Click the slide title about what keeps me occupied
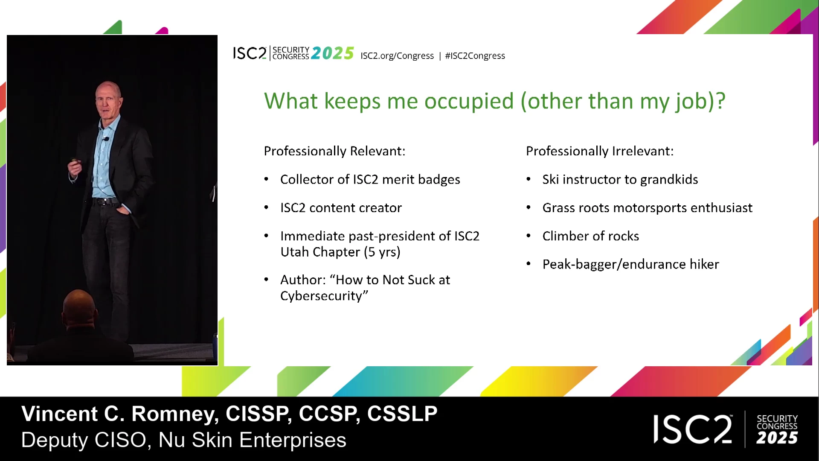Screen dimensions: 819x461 [x=495, y=102]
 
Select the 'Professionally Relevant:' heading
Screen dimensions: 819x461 [x=334, y=151]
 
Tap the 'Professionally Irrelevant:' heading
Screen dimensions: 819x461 [x=600, y=151]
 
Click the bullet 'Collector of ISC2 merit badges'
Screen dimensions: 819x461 [x=370, y=180]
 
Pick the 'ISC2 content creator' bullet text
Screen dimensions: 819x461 [x=341, y=208]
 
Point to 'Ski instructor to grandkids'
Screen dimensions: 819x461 [x=620, y=180]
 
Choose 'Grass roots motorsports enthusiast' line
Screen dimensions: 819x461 [x=648, y=208]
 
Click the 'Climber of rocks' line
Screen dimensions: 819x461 [x=591, y=236]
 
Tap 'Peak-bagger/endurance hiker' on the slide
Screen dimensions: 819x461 [x=631, y=265]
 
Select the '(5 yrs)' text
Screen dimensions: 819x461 [x=382, y=252]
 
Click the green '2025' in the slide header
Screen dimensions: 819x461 [x=333, y=53]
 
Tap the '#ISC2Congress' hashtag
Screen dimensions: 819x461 [x=475, y=56]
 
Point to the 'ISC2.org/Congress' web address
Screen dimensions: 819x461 [x=397, y=56]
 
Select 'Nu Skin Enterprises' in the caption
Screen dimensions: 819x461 [x=252, y=440]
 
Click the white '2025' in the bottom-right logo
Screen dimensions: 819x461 [x=777, y=438]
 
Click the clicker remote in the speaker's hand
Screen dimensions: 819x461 [x=76, y=161]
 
